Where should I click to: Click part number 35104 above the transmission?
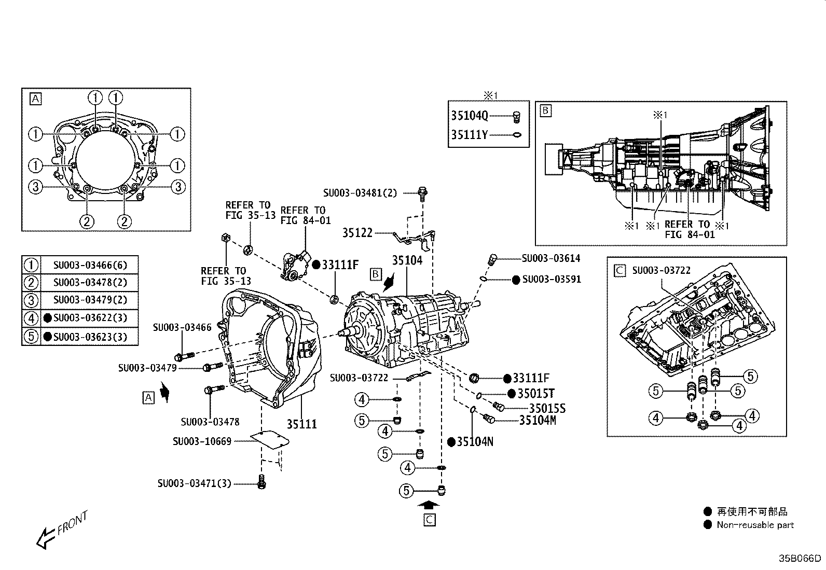(x=407, y=261)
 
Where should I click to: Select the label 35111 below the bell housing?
(x=302, y=424)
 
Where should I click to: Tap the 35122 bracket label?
(x=357, y=233)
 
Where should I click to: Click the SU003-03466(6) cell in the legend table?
(x=89, y=266)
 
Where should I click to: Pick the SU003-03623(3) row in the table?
(x=89, y=337)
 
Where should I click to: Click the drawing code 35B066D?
(x=800, y=559)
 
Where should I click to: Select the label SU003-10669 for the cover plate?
(x=202, y=441)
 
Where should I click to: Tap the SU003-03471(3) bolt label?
(x=195, y=483)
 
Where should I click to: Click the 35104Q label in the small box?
(x=469, y=116)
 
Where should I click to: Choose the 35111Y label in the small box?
(x=469, y=135)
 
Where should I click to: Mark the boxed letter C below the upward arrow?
(x=429, y=519)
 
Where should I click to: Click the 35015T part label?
(x=535, y=394)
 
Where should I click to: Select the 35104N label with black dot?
(x=475, y=442)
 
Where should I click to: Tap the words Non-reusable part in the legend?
(x=755, y=525)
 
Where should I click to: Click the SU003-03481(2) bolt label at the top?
(x=360, y=193)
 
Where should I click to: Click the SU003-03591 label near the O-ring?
(x=551, y=280)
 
